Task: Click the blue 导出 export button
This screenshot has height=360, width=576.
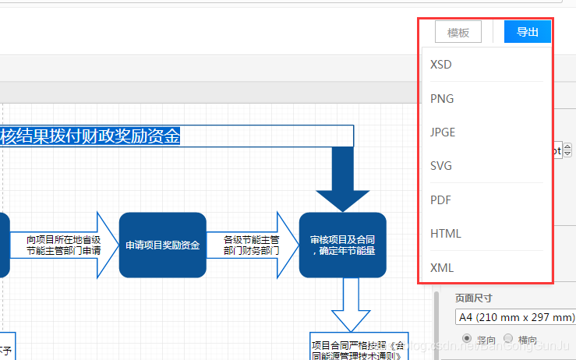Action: (528, 32)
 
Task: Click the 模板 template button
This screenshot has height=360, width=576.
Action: (458, 32)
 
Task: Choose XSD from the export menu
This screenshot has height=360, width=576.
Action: (441, 65)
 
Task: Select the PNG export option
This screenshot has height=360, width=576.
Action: (442, 99)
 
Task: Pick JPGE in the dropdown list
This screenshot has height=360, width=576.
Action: (443, 132)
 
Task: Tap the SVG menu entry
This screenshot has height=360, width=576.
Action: (441, 166)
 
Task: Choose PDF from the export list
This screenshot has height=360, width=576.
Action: (441, 200)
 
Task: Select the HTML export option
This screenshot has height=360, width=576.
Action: (446, 234)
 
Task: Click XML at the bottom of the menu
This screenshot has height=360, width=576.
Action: (441, 268)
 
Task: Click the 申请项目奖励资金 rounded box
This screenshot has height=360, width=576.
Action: (163, 245)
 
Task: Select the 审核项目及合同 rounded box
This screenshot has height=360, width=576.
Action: (343, 245)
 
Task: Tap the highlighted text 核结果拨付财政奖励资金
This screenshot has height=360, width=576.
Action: (90, 136)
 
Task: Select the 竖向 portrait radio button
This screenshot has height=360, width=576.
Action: (468, 339)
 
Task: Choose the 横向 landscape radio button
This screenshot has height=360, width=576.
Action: (508, 339)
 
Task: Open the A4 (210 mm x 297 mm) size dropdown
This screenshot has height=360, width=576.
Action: (514, 318)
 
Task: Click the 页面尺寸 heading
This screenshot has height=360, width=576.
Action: (474, 298)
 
